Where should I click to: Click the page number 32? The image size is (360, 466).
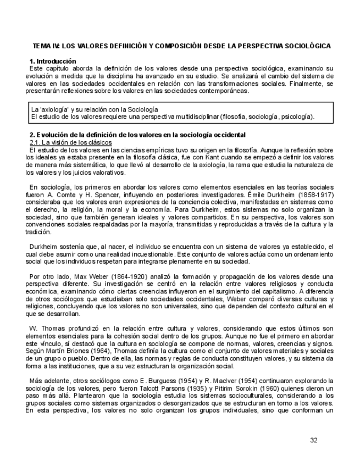[x=314, y=440]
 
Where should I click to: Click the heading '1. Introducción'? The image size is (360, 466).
[x=53, y=61]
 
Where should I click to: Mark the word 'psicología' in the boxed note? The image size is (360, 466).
[x=297, y=116]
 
